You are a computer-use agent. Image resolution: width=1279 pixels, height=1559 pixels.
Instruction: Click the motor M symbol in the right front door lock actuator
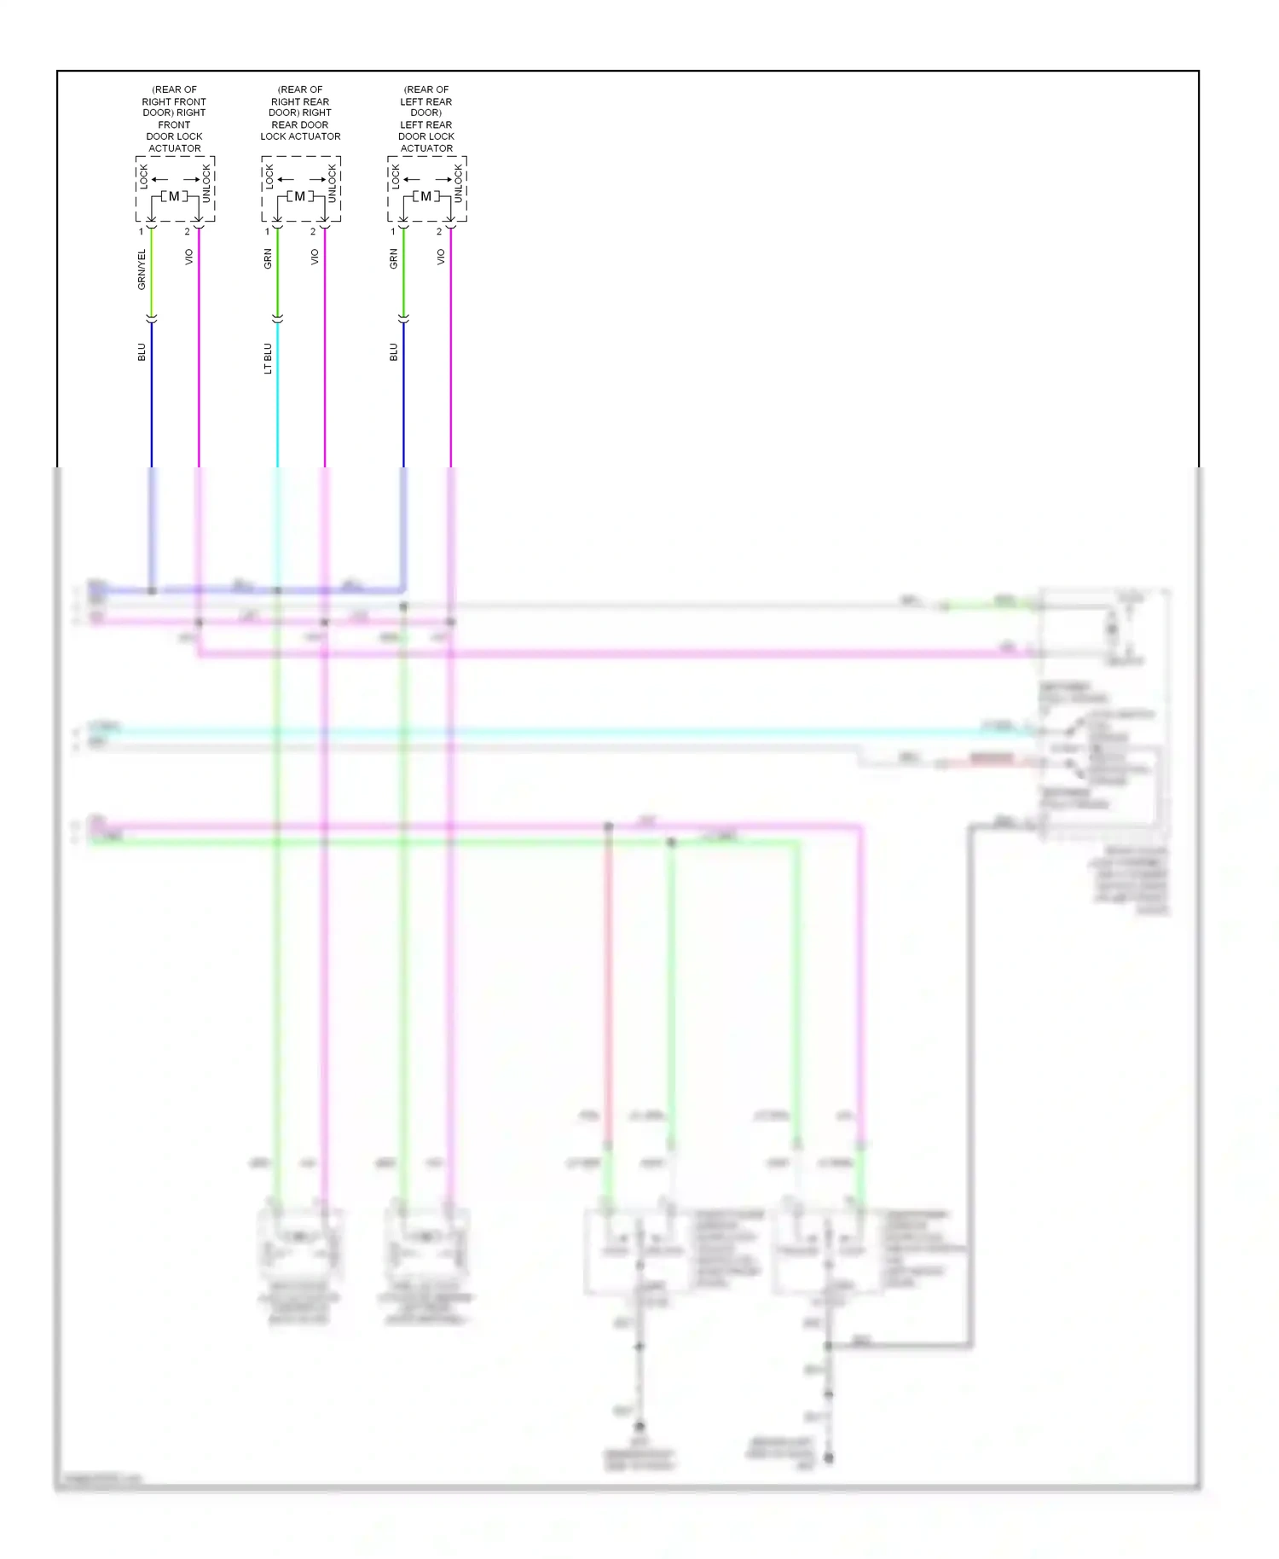click(x=174, y=197)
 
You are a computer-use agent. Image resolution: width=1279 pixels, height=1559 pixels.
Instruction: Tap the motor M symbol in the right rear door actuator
click(x=299, y=197)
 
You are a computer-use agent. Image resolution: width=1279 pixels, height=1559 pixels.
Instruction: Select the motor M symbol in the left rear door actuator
click(x=425, y=197)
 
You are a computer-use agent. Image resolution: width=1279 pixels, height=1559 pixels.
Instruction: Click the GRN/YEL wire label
click(x=142, y=269)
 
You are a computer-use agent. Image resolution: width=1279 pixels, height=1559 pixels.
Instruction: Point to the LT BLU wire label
click(x=268, y=358)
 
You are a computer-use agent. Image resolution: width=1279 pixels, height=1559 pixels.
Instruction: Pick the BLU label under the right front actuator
click(x=142, y=352)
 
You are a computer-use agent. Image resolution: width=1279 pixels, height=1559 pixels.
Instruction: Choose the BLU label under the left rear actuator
click(x=394, y=352)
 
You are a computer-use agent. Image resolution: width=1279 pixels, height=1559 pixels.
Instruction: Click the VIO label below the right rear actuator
click(x=315, y=257)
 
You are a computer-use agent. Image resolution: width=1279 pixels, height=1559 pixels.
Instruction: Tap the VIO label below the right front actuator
click(x=189, y=257)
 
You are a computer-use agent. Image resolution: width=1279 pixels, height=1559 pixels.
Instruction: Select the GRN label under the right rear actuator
click(x=268, y=259)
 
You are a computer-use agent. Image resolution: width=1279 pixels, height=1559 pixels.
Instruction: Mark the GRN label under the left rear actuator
click(x=394, y=259)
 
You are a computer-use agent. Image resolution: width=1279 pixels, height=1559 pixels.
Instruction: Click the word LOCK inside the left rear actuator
click(x=396, y=177)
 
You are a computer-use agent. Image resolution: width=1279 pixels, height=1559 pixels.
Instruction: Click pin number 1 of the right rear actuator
click(x=267, y=232)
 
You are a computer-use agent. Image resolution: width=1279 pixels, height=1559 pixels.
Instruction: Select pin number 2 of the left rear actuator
click(x=439, y=232)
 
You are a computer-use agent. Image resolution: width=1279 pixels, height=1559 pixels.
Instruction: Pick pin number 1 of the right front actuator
click(x=142, y=232)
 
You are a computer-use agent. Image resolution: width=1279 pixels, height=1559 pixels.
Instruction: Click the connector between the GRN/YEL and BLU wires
click(x=152, y=318)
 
